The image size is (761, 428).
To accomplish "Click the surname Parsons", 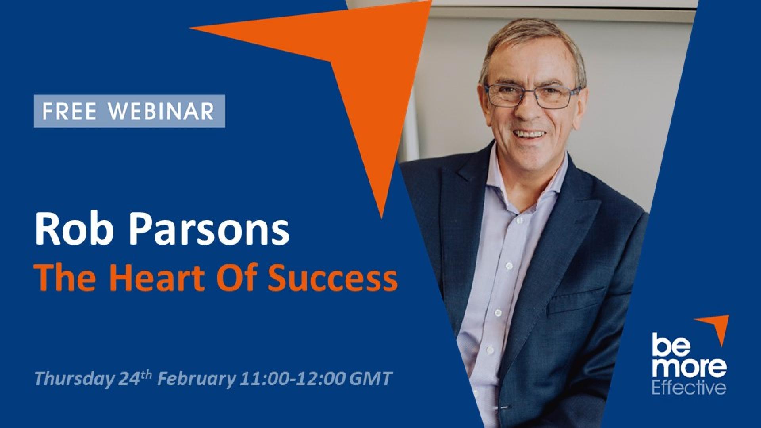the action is [203, 231].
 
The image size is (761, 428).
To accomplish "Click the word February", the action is [197, 379].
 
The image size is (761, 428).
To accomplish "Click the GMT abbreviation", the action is [371, 378].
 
